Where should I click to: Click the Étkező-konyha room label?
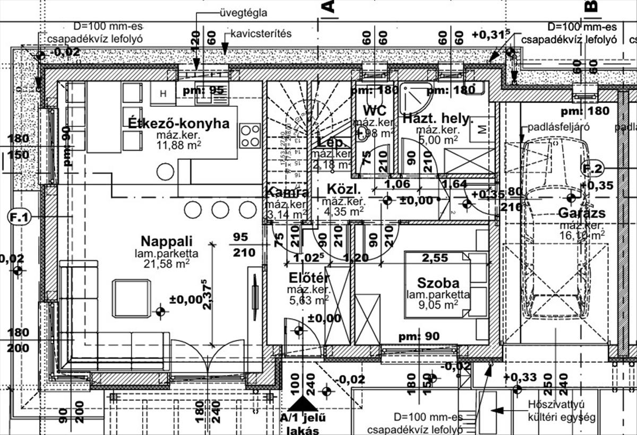click(x=179, y=124)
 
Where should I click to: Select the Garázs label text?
click(x=582, y=214)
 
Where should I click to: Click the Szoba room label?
click(x=438, y=283)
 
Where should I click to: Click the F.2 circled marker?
click(x=592, y=169)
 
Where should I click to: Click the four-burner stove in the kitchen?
click(x=250, y=135)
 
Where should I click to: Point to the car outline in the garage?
click(x=555, y=228)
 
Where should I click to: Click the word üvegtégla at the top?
click(x=243, y=13)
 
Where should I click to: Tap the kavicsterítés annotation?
click(x=261, y=33)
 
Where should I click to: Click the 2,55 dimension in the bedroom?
click(x=434, y=258)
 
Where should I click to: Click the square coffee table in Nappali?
click(x=131, y=298)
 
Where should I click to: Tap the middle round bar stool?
click(x=220, y=210)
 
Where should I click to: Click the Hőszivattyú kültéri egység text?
click(x=562, y=411)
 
